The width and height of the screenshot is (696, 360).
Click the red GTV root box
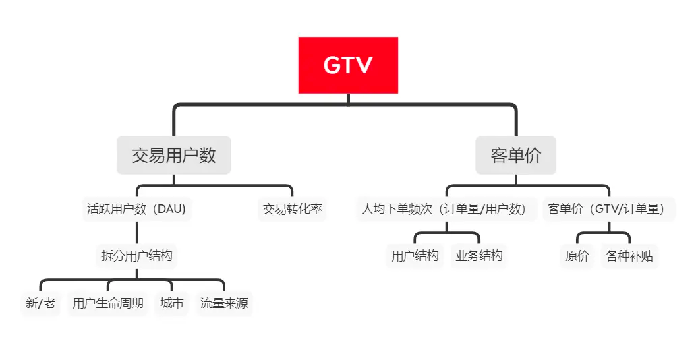[x=348, y=65]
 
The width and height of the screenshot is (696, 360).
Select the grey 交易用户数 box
[x=173, y=155]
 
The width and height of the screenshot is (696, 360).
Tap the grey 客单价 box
[x=516, y=155]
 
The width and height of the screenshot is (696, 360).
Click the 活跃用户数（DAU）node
[x=136, y=209]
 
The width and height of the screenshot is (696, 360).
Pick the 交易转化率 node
[x=293, y=209]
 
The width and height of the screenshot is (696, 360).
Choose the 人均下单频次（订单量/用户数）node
[x=446, y=209]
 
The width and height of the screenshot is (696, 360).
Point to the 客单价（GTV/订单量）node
[x=608, y=209]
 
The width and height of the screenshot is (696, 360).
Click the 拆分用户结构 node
[x=136, y=256]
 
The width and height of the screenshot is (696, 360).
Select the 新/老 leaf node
[x=40, y=303]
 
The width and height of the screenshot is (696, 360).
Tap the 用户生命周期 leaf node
[x=108, y=303]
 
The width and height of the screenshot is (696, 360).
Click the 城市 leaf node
[x=172, y=303]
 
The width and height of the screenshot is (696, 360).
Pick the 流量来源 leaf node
[x=224, y=303]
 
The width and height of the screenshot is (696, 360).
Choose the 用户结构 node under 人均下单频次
[x=415, y=256]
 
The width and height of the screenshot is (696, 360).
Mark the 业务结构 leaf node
[x=479, y=256]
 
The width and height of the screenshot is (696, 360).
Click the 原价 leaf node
[x=577, y=256]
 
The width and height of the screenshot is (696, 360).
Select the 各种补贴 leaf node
[x=629, y=256]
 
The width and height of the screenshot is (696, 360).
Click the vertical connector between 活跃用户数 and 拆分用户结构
[x=136, y=233]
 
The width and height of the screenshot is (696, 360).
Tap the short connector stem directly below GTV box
[x=348, y=99]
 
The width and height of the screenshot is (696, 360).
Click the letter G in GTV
[x=332, y=65]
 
